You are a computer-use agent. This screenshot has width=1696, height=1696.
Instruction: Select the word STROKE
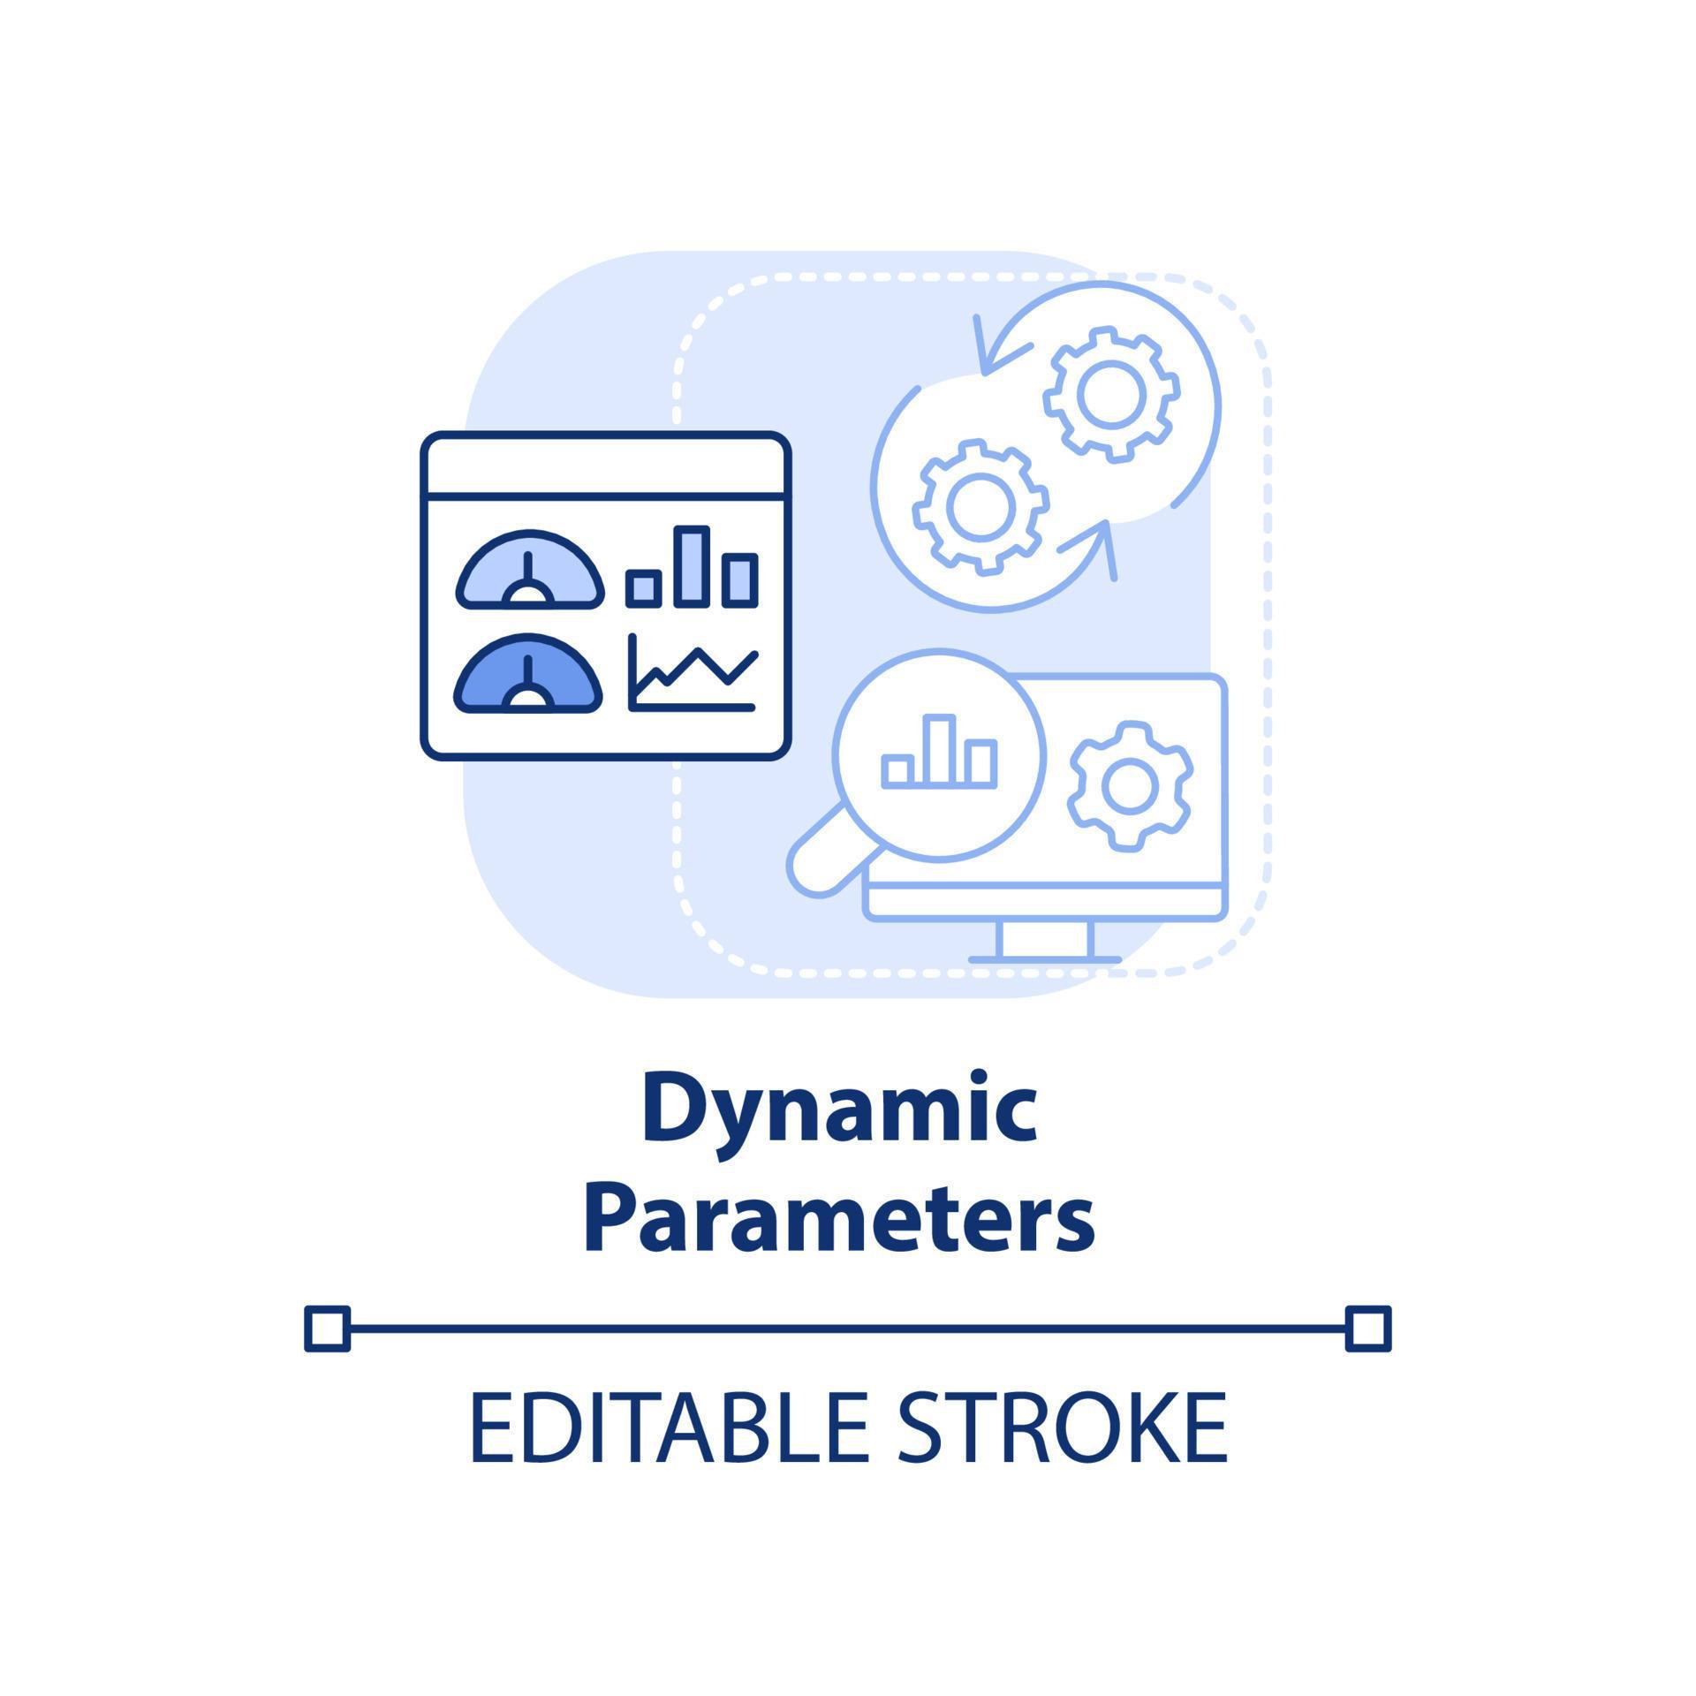pyautogui.click(x=1062, y=1428)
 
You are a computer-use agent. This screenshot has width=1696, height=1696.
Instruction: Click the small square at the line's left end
pyautogui.click(x=327, y=1329)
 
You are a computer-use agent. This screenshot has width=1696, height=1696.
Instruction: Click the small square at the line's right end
pyautogui.click(x=1368, y=1329)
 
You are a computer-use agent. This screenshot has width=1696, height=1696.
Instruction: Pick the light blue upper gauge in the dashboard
pyautogui.click(x=530, y=572)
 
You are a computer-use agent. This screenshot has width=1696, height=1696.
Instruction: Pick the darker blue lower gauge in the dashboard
pyautogui.click(x=528, y=675)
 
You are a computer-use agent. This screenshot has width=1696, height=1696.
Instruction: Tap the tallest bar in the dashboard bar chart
pyautogui.click(x=692, y=567)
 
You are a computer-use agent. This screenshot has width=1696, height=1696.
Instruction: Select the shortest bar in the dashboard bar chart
pyautogui.click(x=644, y=588)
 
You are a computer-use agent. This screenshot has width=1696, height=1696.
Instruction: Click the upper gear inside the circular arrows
pyautogui.click(x=1111, y=394)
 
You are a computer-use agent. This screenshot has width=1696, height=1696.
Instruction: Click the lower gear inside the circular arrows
pyautogui.click(x=980, y=505)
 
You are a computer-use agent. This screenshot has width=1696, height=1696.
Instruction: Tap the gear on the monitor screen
pyautogui.click(x=1130, y=785)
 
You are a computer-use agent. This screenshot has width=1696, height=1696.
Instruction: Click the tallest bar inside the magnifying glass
pyautogui.click(x=939, y=751)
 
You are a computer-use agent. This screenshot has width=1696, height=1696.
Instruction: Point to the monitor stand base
pyautogui.click(x=1045, y=959)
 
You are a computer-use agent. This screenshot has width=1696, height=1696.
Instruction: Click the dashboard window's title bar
pyautogui.click(x=606, y=465)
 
